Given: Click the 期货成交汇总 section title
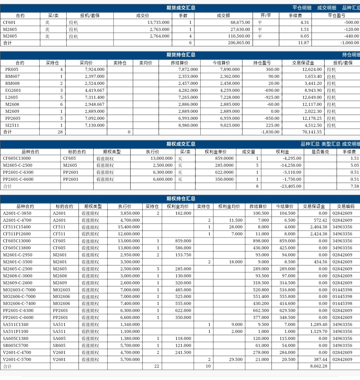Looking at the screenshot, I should coord(181,8).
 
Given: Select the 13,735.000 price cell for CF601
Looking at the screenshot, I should coord(158,22).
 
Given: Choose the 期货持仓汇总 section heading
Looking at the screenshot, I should coord(181,55).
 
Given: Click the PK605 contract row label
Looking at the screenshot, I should coord(12,69).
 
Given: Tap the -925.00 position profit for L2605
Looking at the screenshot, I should coord(272,97).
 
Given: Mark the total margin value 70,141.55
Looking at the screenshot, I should coord(312,132).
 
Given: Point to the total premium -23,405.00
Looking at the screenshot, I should coord(291,186).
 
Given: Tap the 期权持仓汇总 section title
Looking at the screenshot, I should coord(181,199).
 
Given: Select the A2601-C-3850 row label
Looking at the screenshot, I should coord(17,213).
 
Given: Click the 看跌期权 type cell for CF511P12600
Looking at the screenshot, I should coord(90,234).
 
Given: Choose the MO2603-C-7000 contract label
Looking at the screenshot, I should coord(19,290).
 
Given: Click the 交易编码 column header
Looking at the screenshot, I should coord(346,206).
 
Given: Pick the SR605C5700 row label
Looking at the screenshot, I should coord(16,345).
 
